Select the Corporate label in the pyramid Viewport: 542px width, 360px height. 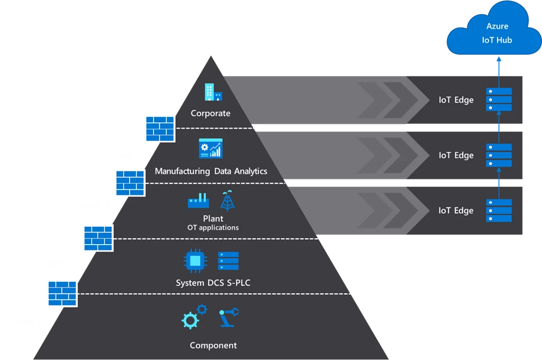point(211,113)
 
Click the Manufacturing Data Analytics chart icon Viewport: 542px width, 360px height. point(211,148)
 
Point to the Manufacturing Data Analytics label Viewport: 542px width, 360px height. point(211,171)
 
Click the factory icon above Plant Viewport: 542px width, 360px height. point(198,201)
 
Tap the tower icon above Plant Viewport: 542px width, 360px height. point(228,200)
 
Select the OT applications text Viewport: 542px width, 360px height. point(213,228)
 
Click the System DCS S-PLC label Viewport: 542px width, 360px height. point(213,283)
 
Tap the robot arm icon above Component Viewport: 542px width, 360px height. point(229,318)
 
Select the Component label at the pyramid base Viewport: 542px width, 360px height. point(213,346)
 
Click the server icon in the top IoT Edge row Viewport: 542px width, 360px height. point(499,100)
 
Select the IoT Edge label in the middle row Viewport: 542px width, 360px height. point(456,155)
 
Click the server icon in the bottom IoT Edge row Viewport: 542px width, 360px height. point(499,210)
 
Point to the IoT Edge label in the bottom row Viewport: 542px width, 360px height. point(456,210)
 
